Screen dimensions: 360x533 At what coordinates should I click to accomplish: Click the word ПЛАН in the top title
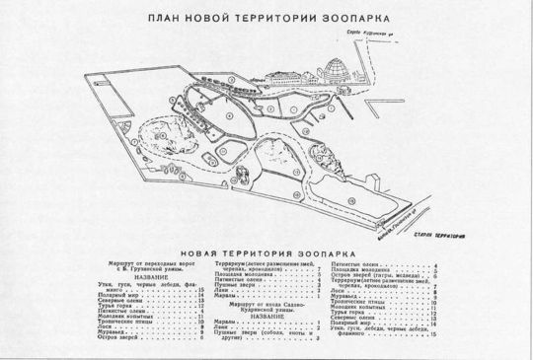click(165, 18)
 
